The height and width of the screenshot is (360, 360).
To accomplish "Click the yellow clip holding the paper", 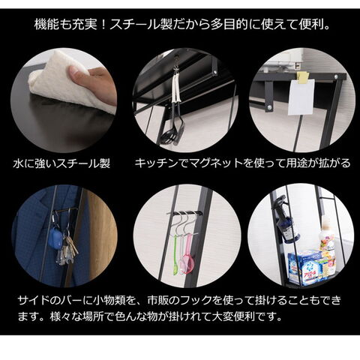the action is pyautogui.click(x=303, y=76).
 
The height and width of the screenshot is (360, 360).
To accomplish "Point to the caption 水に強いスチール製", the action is pyautogui.click(x=61, y=163).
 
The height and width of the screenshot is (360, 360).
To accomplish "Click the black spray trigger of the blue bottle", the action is pyautogui.click(x=280, y=201).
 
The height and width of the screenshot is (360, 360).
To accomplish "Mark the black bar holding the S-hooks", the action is pyautogui.click(x=185, y=213).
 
